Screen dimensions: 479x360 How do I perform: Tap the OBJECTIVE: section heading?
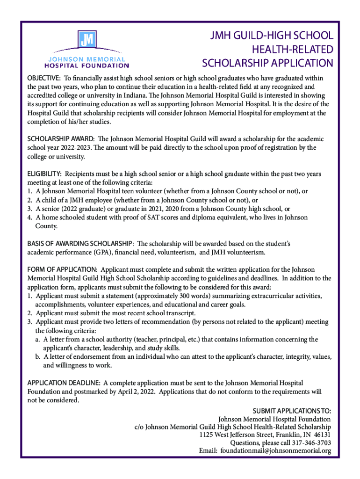[43, 78]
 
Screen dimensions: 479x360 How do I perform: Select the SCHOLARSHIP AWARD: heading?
[61, 139]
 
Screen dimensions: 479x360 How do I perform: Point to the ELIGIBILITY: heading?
[44, 174]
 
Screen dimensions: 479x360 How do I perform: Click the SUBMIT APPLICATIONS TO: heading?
[292, 411]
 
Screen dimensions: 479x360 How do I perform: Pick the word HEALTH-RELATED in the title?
[293, 49]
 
